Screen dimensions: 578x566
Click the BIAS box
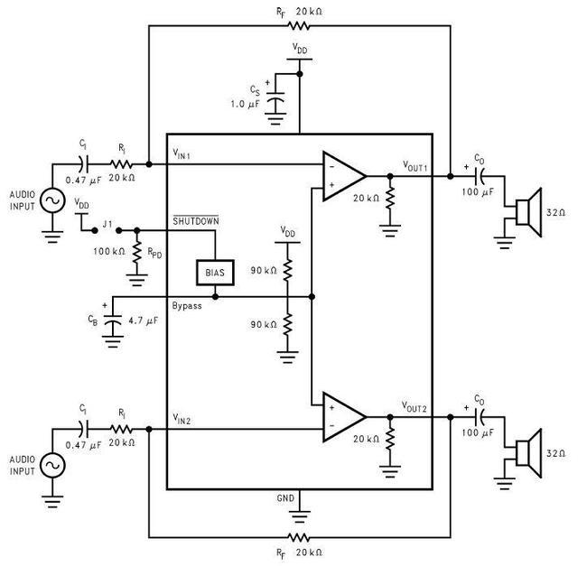coord(215,273)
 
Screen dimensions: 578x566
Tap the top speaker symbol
coord(528,212)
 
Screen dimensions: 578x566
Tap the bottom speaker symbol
coord(528,453)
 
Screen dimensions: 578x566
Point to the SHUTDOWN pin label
coord(196,221)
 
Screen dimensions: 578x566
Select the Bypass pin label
coord(187,306)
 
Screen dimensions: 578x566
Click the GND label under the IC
coord(285,498)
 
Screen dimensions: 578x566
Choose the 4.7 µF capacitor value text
coord(143,320)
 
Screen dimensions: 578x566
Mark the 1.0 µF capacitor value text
coord(245,104)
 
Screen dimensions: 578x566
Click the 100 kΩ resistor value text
coord(109,251)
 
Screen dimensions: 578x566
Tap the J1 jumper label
coord(107,224)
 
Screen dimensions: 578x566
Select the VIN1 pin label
coord(182,153)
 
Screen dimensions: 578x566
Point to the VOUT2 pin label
coord(414,407)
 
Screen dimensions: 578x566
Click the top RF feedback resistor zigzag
coord(298,25)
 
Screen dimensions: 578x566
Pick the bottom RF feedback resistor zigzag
coord(298,537)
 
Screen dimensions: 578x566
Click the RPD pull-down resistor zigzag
coord(136,252)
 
